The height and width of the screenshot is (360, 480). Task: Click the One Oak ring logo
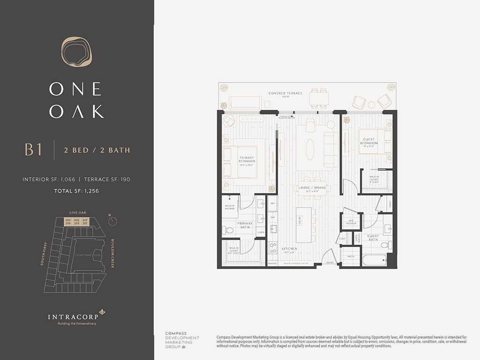point(77,52)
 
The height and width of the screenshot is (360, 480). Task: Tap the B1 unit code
point(34,150)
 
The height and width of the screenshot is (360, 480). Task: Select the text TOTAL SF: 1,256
point(77,191)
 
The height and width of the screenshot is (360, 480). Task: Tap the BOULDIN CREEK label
point(112,254)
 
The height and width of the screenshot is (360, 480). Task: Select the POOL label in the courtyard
point(97,255)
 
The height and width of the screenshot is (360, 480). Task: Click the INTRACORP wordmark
point(73,317)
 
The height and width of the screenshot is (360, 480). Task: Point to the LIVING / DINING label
point(312,188)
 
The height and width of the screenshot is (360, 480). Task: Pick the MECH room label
point(351,257)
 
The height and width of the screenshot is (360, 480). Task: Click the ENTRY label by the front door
point(330,262)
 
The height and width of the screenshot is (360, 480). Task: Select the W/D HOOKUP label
point(351,222)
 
